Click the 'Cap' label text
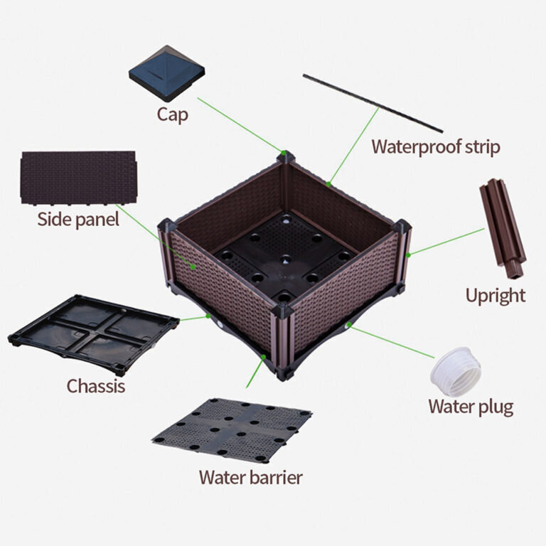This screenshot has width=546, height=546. (x=172, y=114)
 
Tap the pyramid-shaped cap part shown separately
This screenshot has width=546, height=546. (x=167, y=73)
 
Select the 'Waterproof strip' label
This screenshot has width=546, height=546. (x=436, y=146)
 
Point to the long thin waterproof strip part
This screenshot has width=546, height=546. (x=373, y=103)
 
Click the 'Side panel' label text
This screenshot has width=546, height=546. (x=78, y=220)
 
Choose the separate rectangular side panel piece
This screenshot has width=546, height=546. (x=78, y=178)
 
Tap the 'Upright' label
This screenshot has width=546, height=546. (x=496, y=296)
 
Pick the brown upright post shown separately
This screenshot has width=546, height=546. (x=503, y=228)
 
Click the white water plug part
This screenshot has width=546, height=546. (x=456, y=371)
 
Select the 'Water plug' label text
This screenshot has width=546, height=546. (x=471, y=407)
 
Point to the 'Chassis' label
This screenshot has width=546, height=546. (x=96, y=386)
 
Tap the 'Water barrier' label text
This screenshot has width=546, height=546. (x=251, y=478)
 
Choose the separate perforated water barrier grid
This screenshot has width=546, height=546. (x=232, y=430)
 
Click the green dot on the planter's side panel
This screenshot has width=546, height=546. (x=193, y=267)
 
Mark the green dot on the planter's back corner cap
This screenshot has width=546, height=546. (x=284, y=153)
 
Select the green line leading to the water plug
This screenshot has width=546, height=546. (x=392, y=341)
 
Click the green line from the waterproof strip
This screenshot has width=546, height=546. (x=354, y=146)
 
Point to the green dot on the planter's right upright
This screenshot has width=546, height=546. (x=409, y=255)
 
